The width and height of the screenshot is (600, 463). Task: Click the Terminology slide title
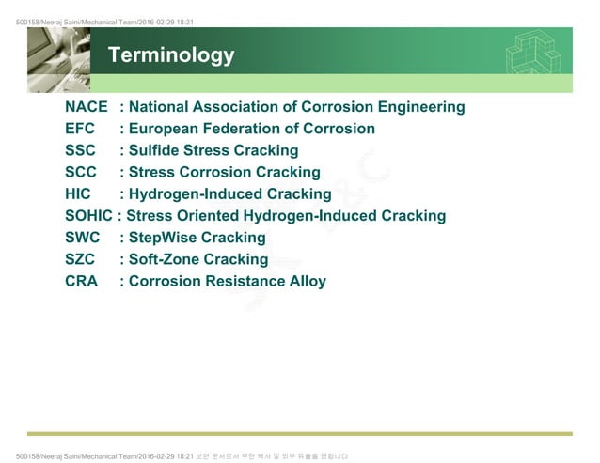[171, 56]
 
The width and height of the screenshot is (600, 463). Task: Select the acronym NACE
[87, 107]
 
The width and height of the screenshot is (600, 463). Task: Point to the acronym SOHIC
[88, 216]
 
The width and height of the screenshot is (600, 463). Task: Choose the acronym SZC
[82, 259]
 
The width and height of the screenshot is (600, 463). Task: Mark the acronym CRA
[82, 281]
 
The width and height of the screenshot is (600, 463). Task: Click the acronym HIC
[78, 194]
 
